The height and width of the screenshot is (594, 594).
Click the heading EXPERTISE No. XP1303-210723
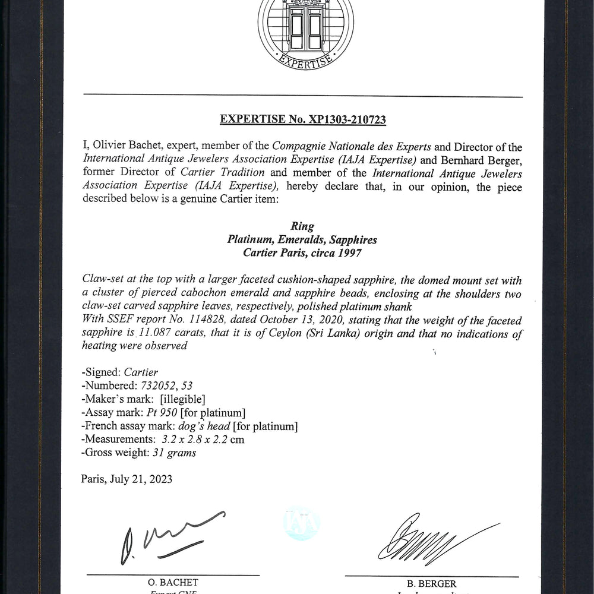(x=303, y=119)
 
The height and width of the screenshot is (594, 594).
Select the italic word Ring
(x=302, y=226)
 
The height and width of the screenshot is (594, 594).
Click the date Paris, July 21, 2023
(x=127, y=479)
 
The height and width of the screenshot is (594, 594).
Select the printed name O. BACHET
(x=173, y=583)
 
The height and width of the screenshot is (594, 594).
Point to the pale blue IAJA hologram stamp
(x=301, y=523)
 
